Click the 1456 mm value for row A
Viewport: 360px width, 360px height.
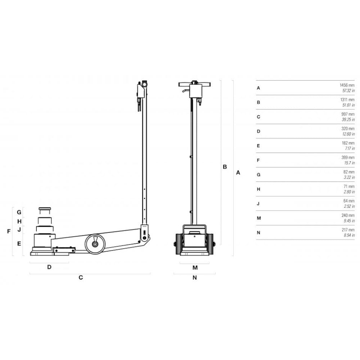(347, 85)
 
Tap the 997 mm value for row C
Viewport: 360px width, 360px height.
(348, 114)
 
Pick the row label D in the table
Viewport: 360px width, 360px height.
(258, 131)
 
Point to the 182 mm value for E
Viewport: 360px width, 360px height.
(348, 143)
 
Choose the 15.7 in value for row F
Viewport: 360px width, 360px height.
(349, 163)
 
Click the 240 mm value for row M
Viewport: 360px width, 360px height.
(348, 215)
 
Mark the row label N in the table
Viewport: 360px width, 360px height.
(258, 233)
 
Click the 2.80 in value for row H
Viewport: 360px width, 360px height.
(349, 192)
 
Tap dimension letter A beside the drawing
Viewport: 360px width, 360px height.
(238, 172)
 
